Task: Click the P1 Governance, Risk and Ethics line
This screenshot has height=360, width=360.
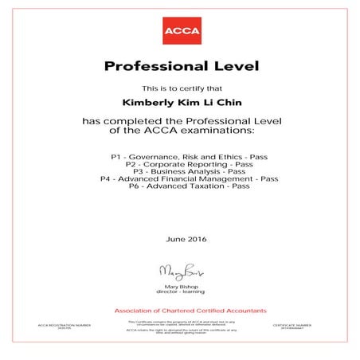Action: click(179, 149)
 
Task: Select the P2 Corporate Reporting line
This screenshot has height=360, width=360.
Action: click(179, 156)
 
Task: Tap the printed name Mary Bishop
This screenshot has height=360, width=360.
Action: click(180, 284)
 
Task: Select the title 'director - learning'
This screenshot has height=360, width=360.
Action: click(180, 290)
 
